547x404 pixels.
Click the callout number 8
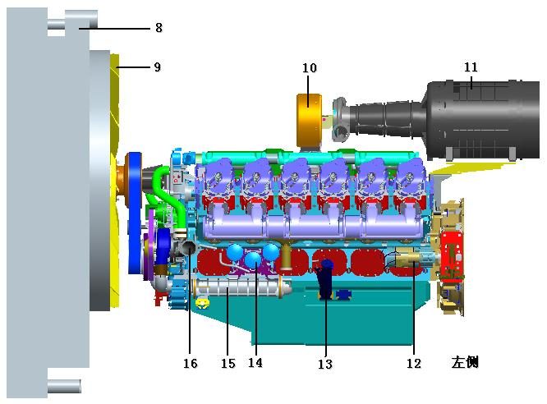click(x=159, y=28)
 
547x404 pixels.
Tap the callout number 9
click(x=158, y=67)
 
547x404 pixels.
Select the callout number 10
click(x=310, y=67)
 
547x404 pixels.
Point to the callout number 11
click(x=471, y=67)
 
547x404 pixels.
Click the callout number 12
click(x=414, y=364)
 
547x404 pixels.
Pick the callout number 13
click(x=324, y=364)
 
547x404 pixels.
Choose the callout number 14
click(x=255, y=362)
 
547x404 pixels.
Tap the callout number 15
click(x=228, y=364)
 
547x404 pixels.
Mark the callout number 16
click(x=191, y=364)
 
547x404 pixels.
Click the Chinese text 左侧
click(x=465, y=362)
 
